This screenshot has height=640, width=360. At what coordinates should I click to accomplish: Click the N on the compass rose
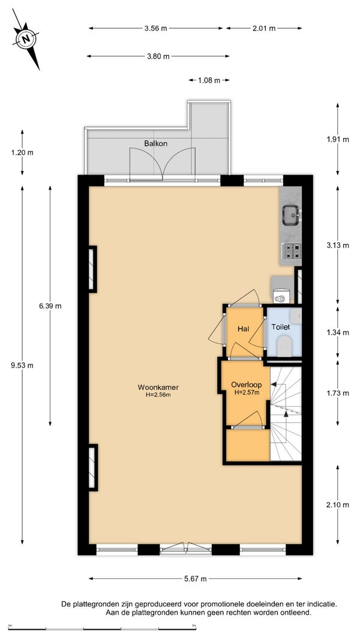click(x=26, y=40)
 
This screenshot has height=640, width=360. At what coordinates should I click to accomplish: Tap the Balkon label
click(x=155, y=143)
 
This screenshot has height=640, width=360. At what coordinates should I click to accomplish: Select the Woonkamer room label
click(x=158, y=387)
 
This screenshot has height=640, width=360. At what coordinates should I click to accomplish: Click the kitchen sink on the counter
click(x=292, y=214)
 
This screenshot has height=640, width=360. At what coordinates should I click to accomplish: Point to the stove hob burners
click(x=292, y=251)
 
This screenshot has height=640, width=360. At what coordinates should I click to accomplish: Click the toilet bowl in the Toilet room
click(x=284, y=346)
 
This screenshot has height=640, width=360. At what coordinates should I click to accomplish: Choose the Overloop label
click(x=245, y=384)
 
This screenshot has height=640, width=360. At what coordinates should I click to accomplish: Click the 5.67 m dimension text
click(x=195, y=578)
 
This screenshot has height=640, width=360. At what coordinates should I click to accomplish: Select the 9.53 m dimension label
click(x=22, y=365)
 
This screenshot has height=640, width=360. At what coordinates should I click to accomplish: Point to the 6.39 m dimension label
click(x=50, y=306)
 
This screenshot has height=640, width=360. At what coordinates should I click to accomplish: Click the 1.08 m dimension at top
click(x=209, y=80)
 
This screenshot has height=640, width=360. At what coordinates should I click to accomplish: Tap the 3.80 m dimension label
click(x=158, y=56)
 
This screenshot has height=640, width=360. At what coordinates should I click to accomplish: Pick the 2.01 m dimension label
click(x=264, y=28)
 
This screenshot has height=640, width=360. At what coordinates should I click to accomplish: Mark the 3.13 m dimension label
click(x=338, y=245)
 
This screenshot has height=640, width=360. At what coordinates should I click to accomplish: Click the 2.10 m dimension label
click(x=338, y=505)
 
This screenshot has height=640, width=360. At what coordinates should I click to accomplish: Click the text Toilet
click(x=281, y=327)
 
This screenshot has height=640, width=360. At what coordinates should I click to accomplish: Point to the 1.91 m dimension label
click(x=338, y=139)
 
